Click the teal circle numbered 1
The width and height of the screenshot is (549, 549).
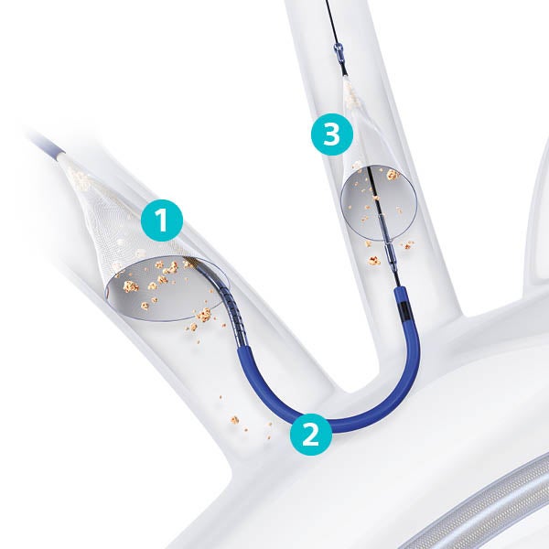tap(162, 221)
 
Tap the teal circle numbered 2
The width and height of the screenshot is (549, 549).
tap(310, 434)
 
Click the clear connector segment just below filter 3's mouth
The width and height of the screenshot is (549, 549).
tap(388, 252)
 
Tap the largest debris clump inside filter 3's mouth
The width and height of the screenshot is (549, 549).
tap(393, 174)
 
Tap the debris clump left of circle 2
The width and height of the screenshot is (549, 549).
tap(234, 419)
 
